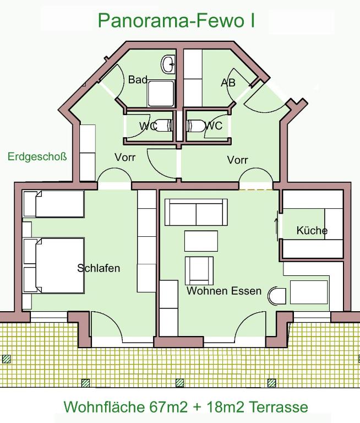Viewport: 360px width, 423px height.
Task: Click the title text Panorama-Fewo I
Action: pyautogui.click(x=176, y=20)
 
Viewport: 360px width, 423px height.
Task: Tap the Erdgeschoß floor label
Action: pyautogui.click(x=37, y=157)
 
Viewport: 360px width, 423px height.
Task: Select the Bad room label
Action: pyautogui.click(x=138, y=80)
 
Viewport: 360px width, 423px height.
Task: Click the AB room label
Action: pyautogui.click(x=228, y=83)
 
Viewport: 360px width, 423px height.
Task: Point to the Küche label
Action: pyautogui.click(x=312, y=231)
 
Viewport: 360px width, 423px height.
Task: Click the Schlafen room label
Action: pyautogui.click(x=99, y=268)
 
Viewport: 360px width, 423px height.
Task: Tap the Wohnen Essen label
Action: pyautogui.click(x=224, y=290)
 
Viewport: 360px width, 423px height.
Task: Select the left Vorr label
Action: pyautogui.click(x=125, y=157)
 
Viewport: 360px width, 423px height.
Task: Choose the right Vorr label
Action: pyautogui.click(x=237, y=160)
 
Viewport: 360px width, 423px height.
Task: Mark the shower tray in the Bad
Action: pyautogui.click(x=161, y=94)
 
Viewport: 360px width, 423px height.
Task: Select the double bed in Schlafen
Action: pyautogui.click(x=54, y=265)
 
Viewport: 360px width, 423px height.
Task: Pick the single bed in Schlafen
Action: pyautogui.click(x=53, y=204)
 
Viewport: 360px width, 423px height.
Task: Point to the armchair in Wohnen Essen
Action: pyautogui.click(x=198, y=270)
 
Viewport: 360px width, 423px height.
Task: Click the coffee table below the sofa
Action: pyautogui.click(x=200, y=241)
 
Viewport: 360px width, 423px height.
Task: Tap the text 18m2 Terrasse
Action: pyautogui.click(x=257, y=407)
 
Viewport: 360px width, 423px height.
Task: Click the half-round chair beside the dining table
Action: pyautogui.click(x=276, y=296)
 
